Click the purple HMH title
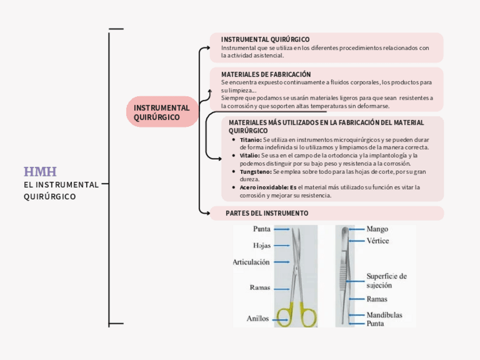pyautogui.click(x=40, y=172)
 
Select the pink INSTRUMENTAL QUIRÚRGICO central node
pyautogui.click(x=161, y=113)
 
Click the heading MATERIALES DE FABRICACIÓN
pyautogui.click(x=266, y=74)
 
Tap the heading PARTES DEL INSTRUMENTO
pyautogui.click(x=267, y=213)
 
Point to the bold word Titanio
pyautogui.click(x=251, y=139)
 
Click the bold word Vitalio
pyautogui.click(x=250, y=155)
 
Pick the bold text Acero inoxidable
pyautogui.click(x=264, y=187)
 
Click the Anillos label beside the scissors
pyautogui.click(x=258, y=319)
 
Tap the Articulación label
pyautogui.click(x=251, y=262)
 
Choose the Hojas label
pyautogui.click(x=261, y=246)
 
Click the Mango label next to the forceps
pyautogui.click(x=377, y=230)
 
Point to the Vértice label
pyautogui.click(x=378, y=241)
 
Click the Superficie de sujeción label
pyautogui.click(x=386, y=281)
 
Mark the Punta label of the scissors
pyautogui.click(x=261, y=230)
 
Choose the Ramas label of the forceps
pyautogui.click(x=377, y=299)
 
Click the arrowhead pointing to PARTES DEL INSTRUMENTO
pyautogui.click(x=207, y=213)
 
